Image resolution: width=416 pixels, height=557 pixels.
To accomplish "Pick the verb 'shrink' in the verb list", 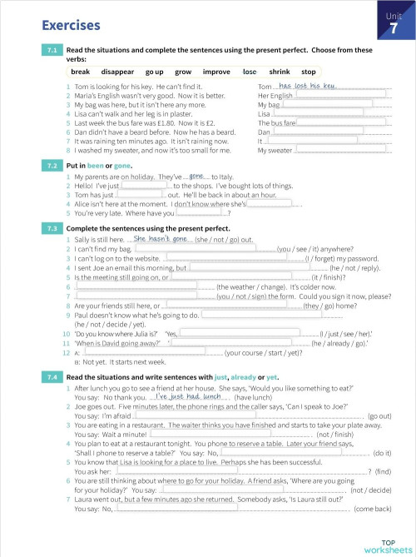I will pyautogui.click(x=280, y=72).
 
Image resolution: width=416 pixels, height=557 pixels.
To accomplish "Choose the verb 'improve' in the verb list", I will pyautogui.click(x=216, y=72).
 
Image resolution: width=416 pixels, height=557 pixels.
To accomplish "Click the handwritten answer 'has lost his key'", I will pyautogui.click(x=308, y=86).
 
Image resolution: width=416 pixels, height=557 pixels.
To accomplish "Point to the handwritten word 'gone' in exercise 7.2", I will pyautogui.click(x=196, y=177).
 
